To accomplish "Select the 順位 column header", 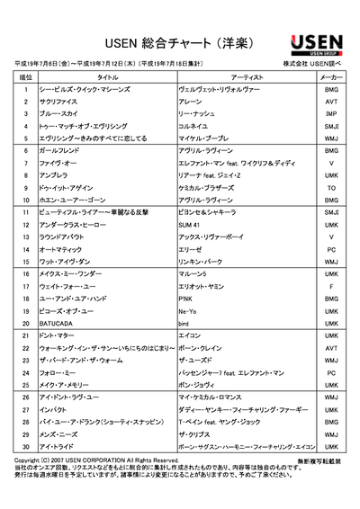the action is [x=25, y=78].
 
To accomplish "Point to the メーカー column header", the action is [x=332, y=78].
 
